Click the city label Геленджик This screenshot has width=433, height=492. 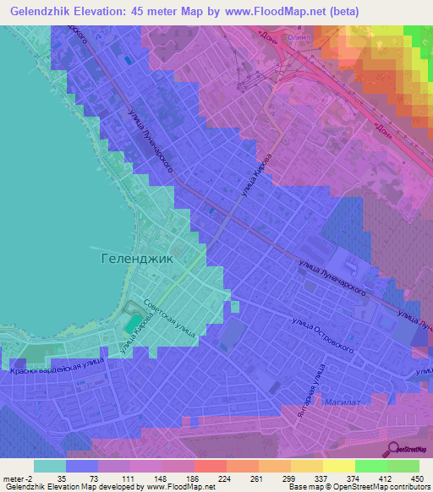(138, 259)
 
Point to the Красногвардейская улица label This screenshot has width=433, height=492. (57, 365)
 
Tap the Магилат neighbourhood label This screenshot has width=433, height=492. (340, 404)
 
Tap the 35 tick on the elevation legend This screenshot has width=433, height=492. (63, 478)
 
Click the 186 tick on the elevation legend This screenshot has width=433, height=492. (192, 478)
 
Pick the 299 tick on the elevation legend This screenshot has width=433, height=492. (288, 478)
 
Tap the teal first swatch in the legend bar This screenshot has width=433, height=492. (49, 466)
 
